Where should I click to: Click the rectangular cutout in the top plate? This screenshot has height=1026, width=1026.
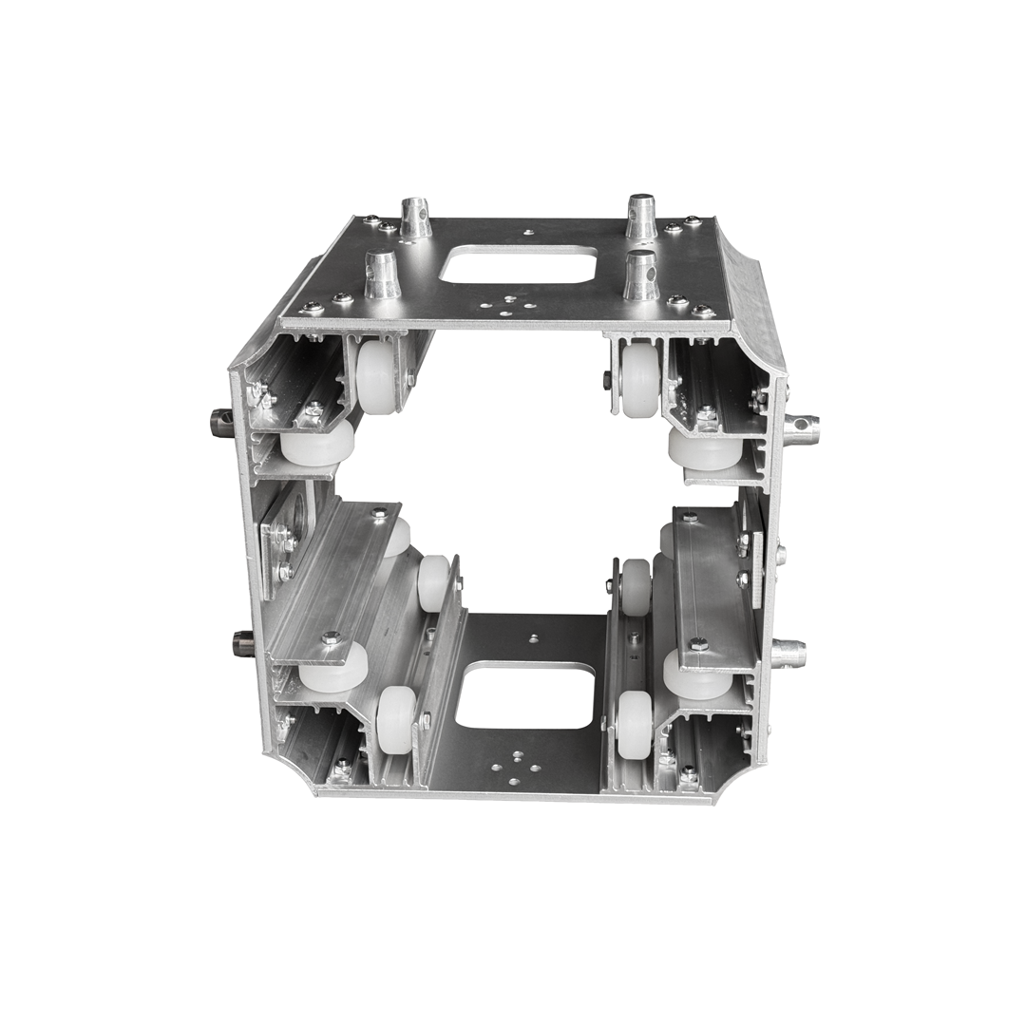pyautogui.click(x=519, y=264)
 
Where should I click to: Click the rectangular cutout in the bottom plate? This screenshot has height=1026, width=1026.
pyautogui.click(x=525, y=695)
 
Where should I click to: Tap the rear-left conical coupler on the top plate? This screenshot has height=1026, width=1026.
pyautogui.click(x=415, y=218)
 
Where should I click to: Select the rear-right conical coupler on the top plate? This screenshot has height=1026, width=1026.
pyautogui.click(x=641, y=217)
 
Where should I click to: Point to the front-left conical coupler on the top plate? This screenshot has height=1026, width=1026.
pyautogui.click(x=383, y=274)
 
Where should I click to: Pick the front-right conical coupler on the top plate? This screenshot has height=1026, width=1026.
pyautogui.click(x=641, y=275)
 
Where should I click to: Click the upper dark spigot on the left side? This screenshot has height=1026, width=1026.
pyautogui.click(x=221, y=418)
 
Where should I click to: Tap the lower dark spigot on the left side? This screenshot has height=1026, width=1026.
pyautogui.click(x=242, y=643)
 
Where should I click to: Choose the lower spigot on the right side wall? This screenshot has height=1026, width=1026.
pyautogui.click(x=788, y=654)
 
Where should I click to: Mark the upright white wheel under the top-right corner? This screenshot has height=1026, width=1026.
pyautogui.click(x=640, y=379)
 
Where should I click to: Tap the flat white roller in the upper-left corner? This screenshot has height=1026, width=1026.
pyautogui.click(x=317, y=444)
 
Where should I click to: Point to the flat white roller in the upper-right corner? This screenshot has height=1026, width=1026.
pyautogui.click(x=705, y=449)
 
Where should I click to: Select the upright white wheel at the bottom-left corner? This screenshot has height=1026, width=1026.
pyautogui.click(x=396, y=720)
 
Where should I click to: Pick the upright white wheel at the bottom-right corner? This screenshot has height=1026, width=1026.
pyautogui.click(x=635, y=724)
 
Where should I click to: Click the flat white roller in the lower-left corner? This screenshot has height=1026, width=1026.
pyautogui.click(x=333, y=668)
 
